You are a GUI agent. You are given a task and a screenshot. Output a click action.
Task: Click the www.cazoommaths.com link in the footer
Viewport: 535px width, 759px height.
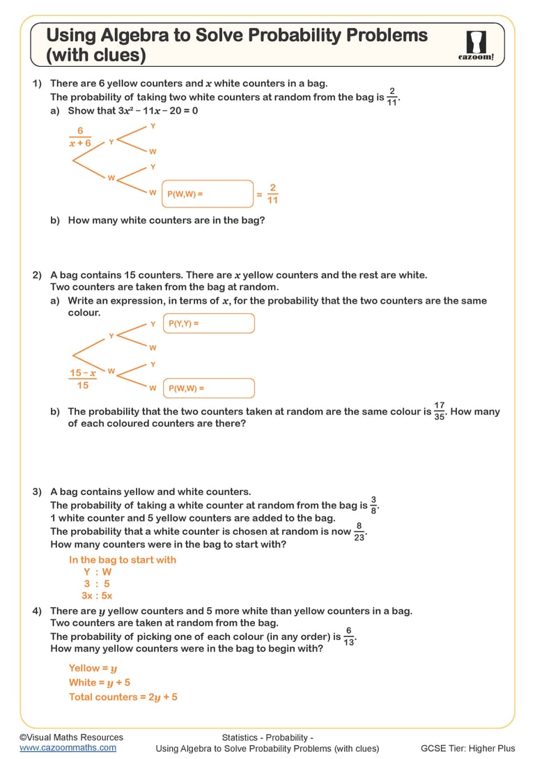[x=68, y=747]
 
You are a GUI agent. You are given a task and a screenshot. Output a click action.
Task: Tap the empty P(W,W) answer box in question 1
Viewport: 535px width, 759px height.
[x=208, y=194]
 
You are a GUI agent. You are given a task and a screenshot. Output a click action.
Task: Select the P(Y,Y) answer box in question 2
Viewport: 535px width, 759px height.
[x=208, y=324]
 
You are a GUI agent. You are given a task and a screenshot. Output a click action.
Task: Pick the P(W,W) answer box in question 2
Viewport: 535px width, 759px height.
[x=208, y=389]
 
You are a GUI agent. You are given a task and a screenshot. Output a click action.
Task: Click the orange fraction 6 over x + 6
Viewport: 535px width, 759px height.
[x=80, y=136]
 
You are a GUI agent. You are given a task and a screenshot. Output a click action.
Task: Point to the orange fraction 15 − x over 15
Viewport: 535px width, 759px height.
[x=82, y=379]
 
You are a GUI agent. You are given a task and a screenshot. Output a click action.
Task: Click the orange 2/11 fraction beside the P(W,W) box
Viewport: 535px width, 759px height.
[x=272, y=194]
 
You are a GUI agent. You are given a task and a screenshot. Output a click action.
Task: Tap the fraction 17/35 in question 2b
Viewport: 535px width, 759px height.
[x=439, y=411]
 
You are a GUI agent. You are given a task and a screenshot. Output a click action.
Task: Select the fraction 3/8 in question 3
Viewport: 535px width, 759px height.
[x=374, y=505]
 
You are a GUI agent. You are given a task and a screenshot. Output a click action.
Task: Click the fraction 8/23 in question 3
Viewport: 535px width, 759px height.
[x=359, y=531]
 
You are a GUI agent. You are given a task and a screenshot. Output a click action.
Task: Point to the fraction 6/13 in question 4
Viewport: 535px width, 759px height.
[x=350, y=636]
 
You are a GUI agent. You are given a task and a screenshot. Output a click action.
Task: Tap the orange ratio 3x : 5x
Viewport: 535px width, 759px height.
[x=97, y=595]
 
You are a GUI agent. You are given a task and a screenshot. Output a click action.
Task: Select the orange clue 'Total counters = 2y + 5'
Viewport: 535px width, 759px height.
[x=123, y=696]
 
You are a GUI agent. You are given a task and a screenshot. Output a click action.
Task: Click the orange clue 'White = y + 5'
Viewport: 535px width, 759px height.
[x=99, y=682]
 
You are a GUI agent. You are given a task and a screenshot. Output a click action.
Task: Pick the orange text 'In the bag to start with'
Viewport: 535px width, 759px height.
[x=123, y=560]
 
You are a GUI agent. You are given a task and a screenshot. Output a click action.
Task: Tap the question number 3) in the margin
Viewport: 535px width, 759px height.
[x=38, y=492]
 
